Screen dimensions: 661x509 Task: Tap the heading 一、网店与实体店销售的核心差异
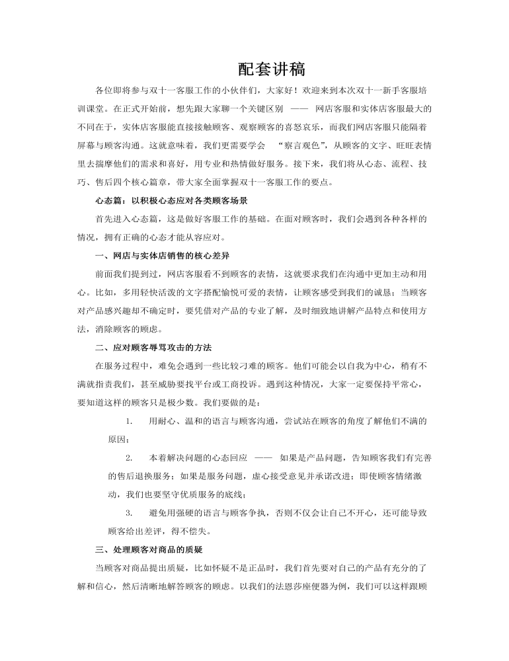[x=163, y=254]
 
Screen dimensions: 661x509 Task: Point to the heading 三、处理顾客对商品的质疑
[x=149, y=549]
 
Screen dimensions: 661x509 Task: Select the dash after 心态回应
[x=263, y=457]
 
